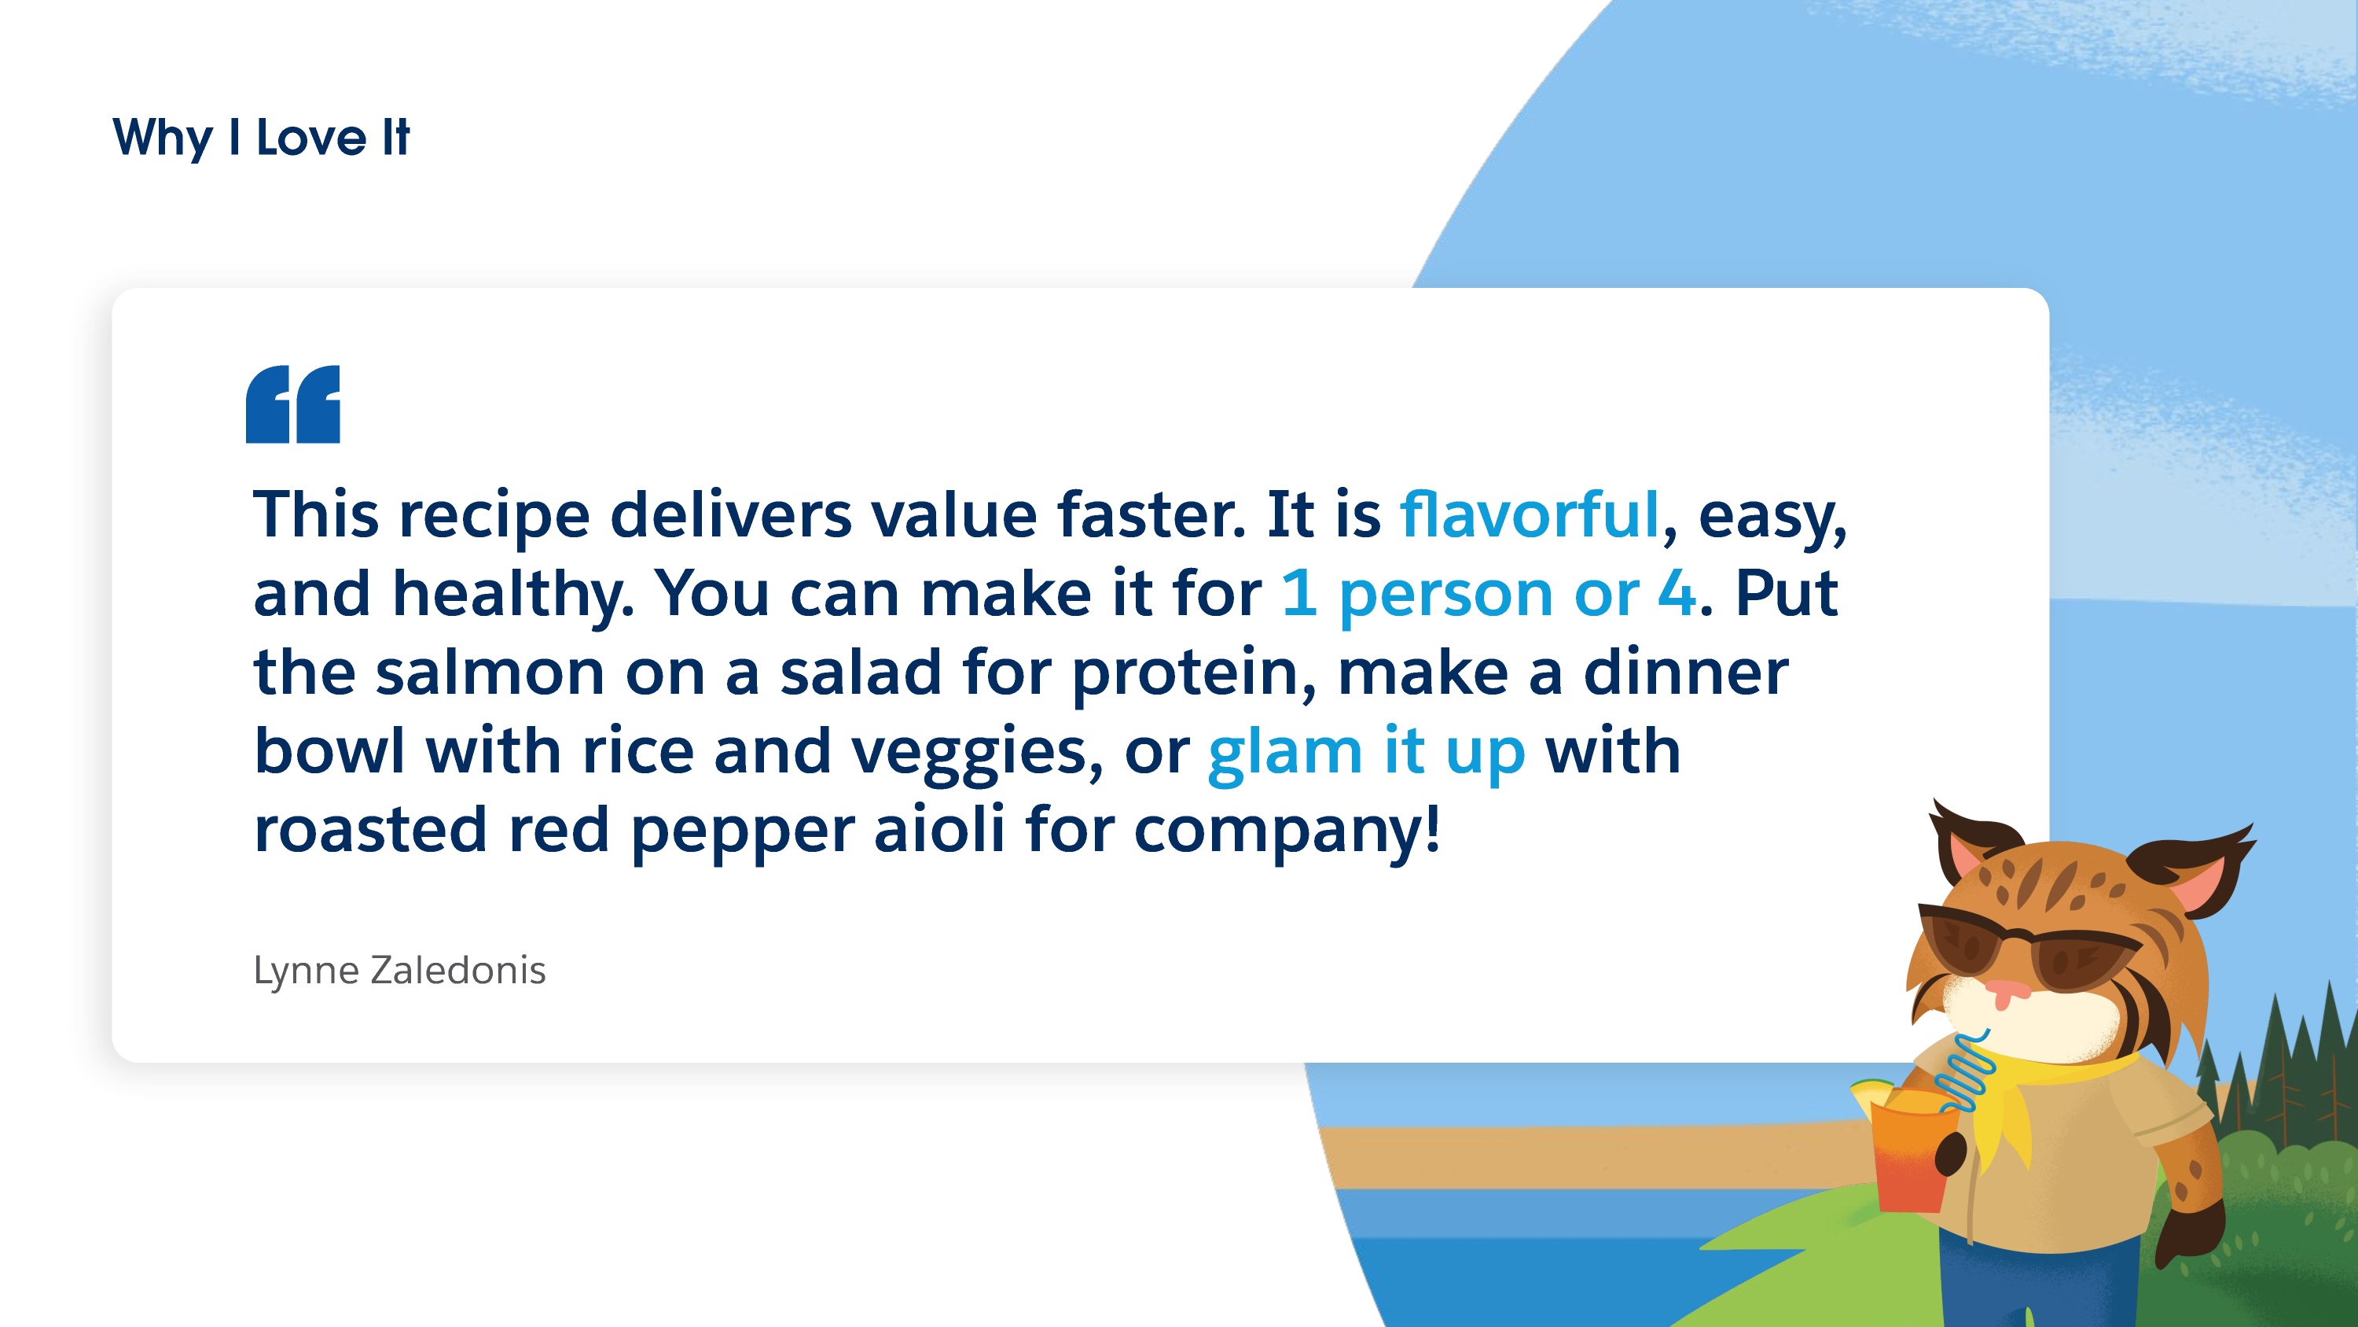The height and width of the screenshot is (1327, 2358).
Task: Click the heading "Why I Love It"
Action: pyautogui.click(x=261, y=138)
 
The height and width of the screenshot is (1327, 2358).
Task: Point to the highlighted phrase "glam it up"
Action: pyautogui.click(x=1367, y=754)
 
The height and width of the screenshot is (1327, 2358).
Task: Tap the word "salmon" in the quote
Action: pyautogui.click(x=490, y=673)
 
